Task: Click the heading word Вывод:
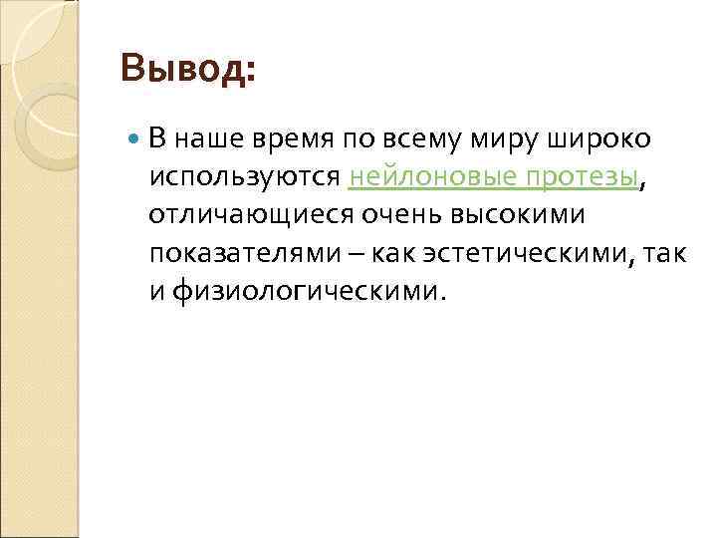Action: [x=187, y=71]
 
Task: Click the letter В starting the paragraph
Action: [x=157, y=140]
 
